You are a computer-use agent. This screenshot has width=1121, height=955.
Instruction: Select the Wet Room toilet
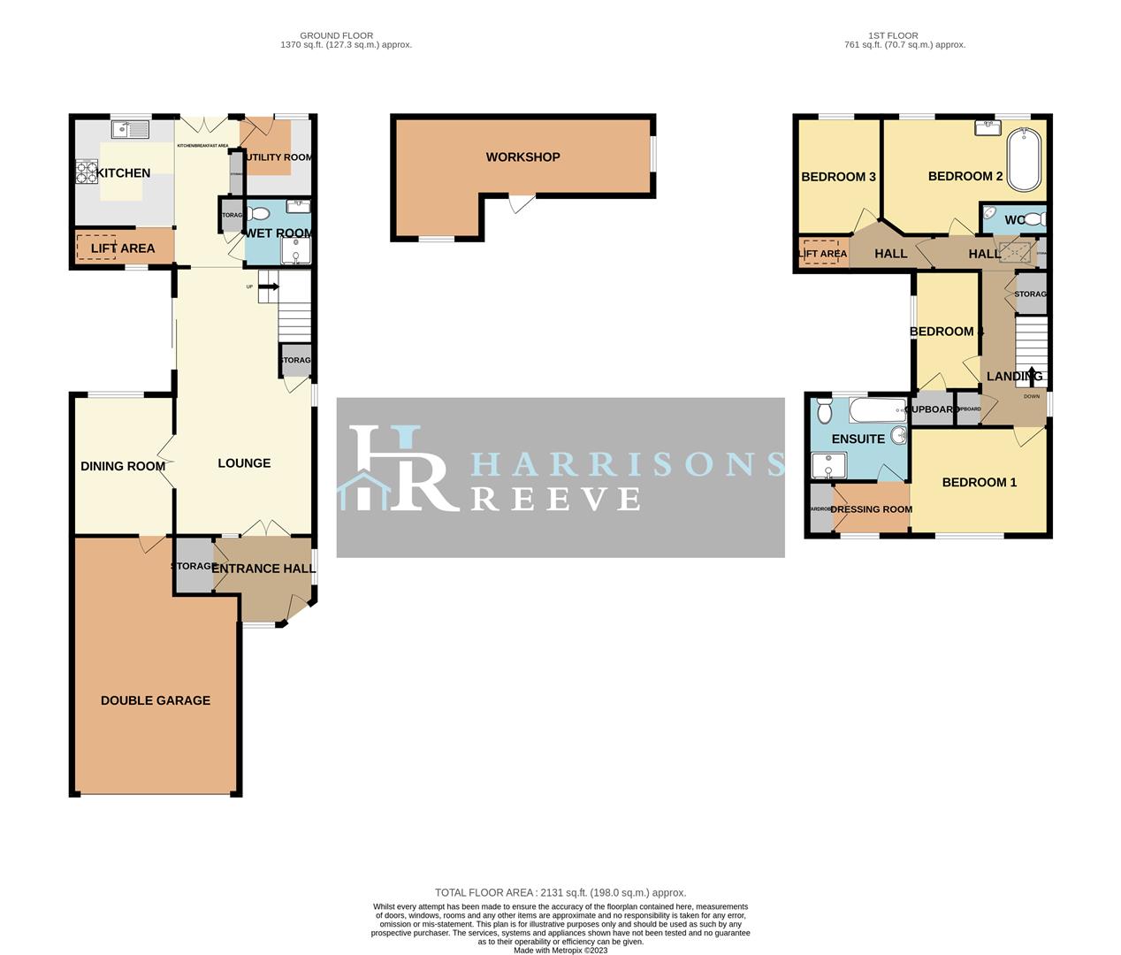point(258,213)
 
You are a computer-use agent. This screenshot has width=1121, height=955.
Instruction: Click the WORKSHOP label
point(522,157)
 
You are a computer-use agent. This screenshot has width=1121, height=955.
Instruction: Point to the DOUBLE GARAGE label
point(156,700)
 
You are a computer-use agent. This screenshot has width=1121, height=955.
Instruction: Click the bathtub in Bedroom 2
point(1026,159)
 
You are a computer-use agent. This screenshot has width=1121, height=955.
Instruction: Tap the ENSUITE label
point(858,439)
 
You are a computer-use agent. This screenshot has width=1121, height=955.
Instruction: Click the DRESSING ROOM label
point(871,509)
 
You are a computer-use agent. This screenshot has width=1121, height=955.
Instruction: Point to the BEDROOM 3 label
point(838,177)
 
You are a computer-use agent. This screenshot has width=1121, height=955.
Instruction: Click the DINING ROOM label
point(123,466)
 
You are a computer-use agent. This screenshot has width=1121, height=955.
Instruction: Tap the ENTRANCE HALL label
point(263,569)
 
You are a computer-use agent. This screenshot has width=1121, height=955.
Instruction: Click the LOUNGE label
point(244,463)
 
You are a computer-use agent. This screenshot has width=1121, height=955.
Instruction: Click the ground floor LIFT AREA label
point(122,248)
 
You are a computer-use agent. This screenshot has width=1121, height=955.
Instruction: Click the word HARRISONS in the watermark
point(628,464)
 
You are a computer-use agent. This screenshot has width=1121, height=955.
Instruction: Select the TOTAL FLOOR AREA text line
point(560,893)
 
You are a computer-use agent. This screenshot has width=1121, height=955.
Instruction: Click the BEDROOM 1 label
point(979,483)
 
